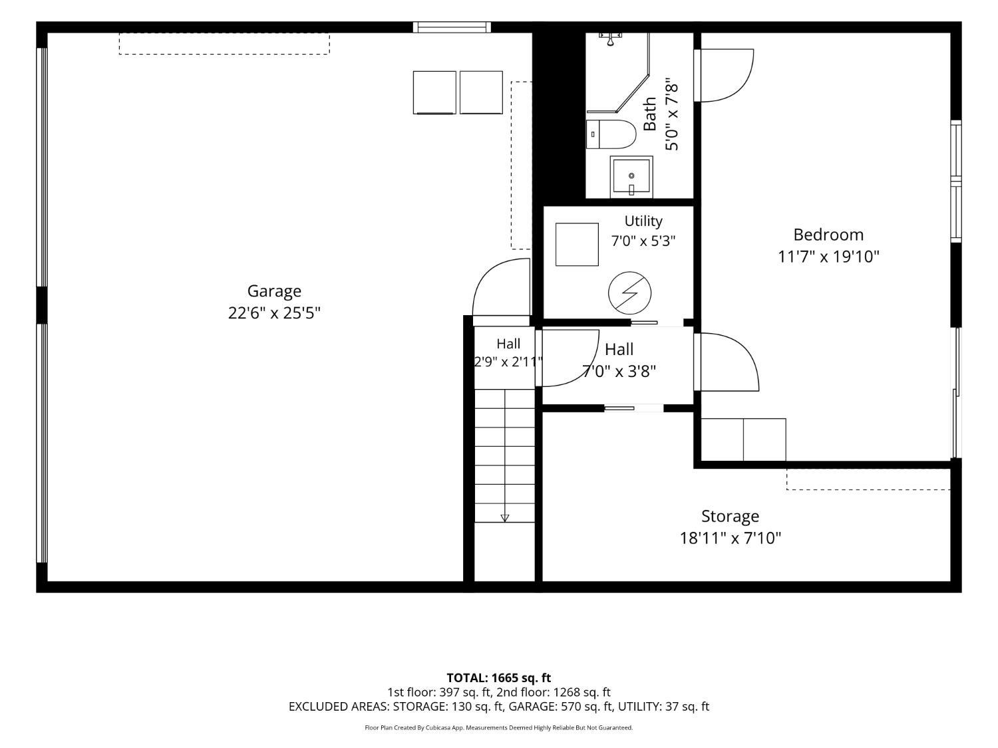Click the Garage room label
pyautogui.click(x=273, y=291)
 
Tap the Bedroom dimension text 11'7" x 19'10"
pyautogui.click(x=828, y=257)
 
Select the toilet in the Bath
pyautogui.click(x=610, y=134)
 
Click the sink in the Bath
pyautogui.click(x=631, y=177)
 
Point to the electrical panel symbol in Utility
pyautogui.click(x=629, y=293)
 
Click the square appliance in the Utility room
pyautogui.click(x=577, y=244)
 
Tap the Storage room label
pyautogui.click(x=730, y=517)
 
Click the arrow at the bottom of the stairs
pyautogui.click(x=504, y=518)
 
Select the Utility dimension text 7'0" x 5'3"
pyautogui.click(x=643, y=241)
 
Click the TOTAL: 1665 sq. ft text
pyautogui.click(x=498, y=678)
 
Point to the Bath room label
pyautogui.click(x=650, y=114)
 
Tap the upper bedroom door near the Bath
pyautogui.click(x=723, y=75)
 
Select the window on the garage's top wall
pyautogui.click(x=452, y=27)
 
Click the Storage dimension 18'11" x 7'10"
pyautogui.click(x=730, y=538)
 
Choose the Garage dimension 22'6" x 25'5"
pyautogui.click(x=274, y=313)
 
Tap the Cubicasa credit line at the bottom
pyautogui.click(x=498, y=727)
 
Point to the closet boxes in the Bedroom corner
pyautogui.click(x=743, y=439)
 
